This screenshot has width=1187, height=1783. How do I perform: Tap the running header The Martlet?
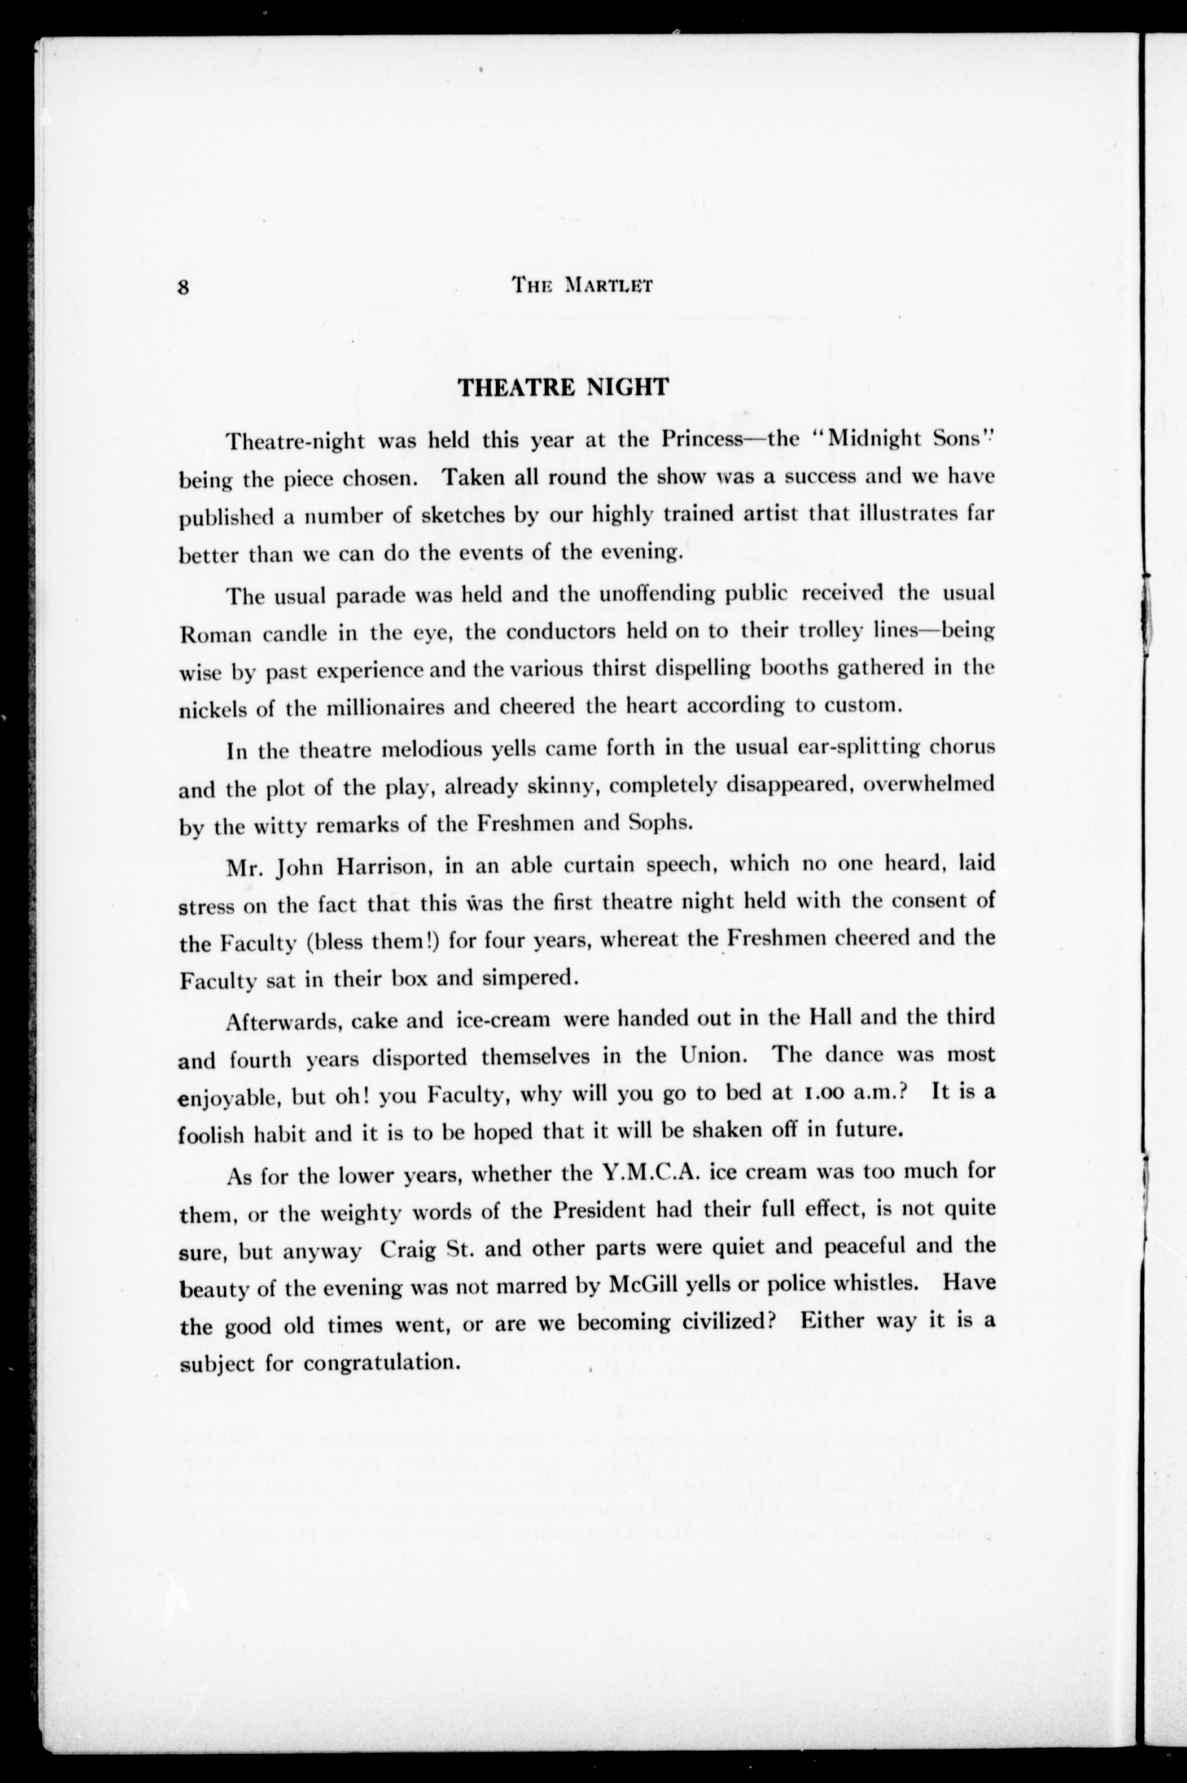point(582,285)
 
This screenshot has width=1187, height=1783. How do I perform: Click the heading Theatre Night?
point(564,387)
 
